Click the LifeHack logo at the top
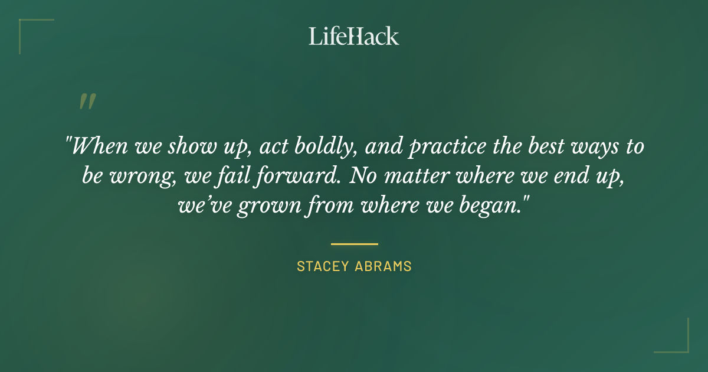pyautogui.click(x=354, y=36)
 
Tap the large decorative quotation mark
pyautogui.click(x=87, y=102)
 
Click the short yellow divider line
pyautogui.click(x=354, y=243)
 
